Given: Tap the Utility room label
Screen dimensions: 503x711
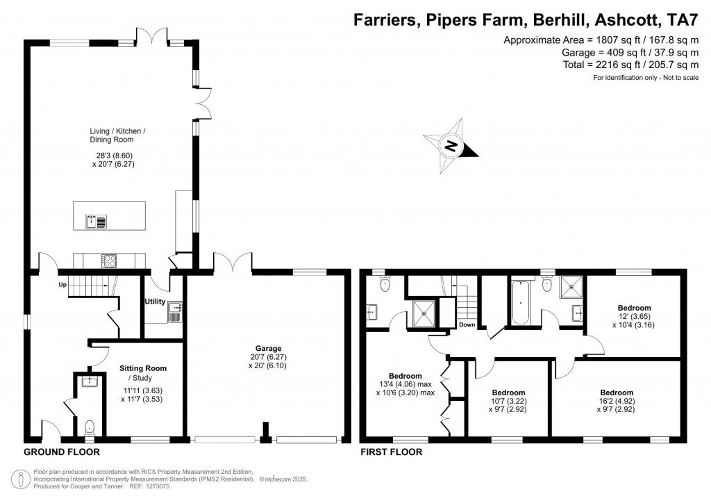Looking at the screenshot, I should click(x=153, y=302).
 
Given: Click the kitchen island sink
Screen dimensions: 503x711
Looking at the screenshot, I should click(x=92, y=222).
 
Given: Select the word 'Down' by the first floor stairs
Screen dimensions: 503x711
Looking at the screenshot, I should click(x=467, y=324).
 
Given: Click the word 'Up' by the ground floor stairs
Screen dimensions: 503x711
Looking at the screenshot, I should click(x=62, y=285).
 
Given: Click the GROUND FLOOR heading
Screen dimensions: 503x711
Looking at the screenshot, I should click(x=62, y=452).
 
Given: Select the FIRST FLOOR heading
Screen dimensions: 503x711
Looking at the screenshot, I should click(x=391, y=452).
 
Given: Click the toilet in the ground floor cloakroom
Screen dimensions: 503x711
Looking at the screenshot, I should click(x=89, y=427).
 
